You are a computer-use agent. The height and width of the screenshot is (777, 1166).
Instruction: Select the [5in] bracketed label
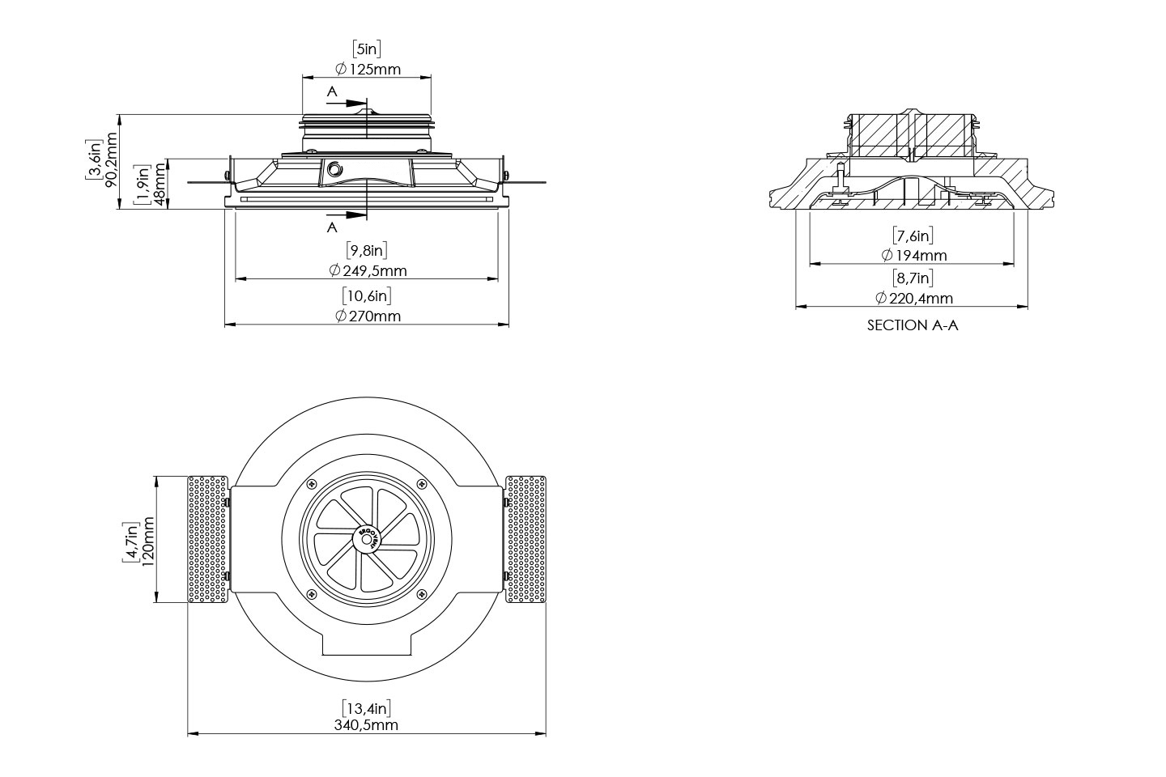367,49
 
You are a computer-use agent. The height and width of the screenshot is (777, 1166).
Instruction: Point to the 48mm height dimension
160,185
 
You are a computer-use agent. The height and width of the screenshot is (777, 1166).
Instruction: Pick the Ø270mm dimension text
367,316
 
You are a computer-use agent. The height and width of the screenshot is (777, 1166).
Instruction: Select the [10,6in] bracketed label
367,295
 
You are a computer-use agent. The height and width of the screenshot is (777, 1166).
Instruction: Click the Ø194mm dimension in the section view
913,255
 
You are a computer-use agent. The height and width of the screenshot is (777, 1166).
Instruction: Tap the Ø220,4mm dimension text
913,298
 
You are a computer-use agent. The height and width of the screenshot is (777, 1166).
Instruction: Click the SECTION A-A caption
913,325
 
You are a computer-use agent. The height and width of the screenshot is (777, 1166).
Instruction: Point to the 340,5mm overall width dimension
366,725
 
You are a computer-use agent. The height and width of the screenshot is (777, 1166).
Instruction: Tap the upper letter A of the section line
332,92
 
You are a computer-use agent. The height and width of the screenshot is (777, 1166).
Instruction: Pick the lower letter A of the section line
332,227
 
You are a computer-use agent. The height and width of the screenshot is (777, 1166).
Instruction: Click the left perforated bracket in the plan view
208,539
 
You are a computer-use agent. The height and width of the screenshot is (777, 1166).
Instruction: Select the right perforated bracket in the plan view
526,539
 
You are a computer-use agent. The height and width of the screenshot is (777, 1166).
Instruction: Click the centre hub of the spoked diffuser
367,538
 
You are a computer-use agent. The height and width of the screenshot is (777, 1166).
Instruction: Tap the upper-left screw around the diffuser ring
311,484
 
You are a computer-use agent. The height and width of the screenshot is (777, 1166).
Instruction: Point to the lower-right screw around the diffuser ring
420,594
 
